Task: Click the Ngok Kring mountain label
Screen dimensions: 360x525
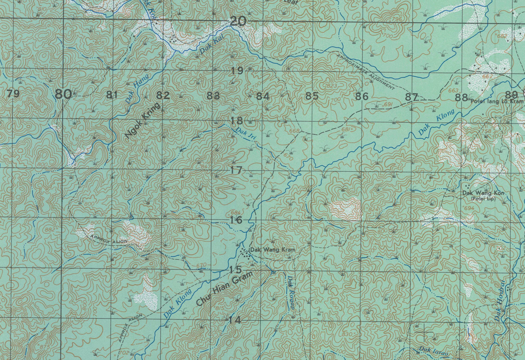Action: (143, 120)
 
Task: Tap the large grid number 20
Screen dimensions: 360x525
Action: (238, 21)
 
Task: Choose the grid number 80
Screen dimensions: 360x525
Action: (63, 94)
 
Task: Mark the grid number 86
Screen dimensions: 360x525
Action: (362, 96)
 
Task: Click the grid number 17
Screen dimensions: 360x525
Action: (236, 170)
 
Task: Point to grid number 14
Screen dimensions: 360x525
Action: (235, 320)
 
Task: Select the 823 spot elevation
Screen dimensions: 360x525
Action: (331, 85)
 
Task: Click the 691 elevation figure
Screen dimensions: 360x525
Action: (388, 104)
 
